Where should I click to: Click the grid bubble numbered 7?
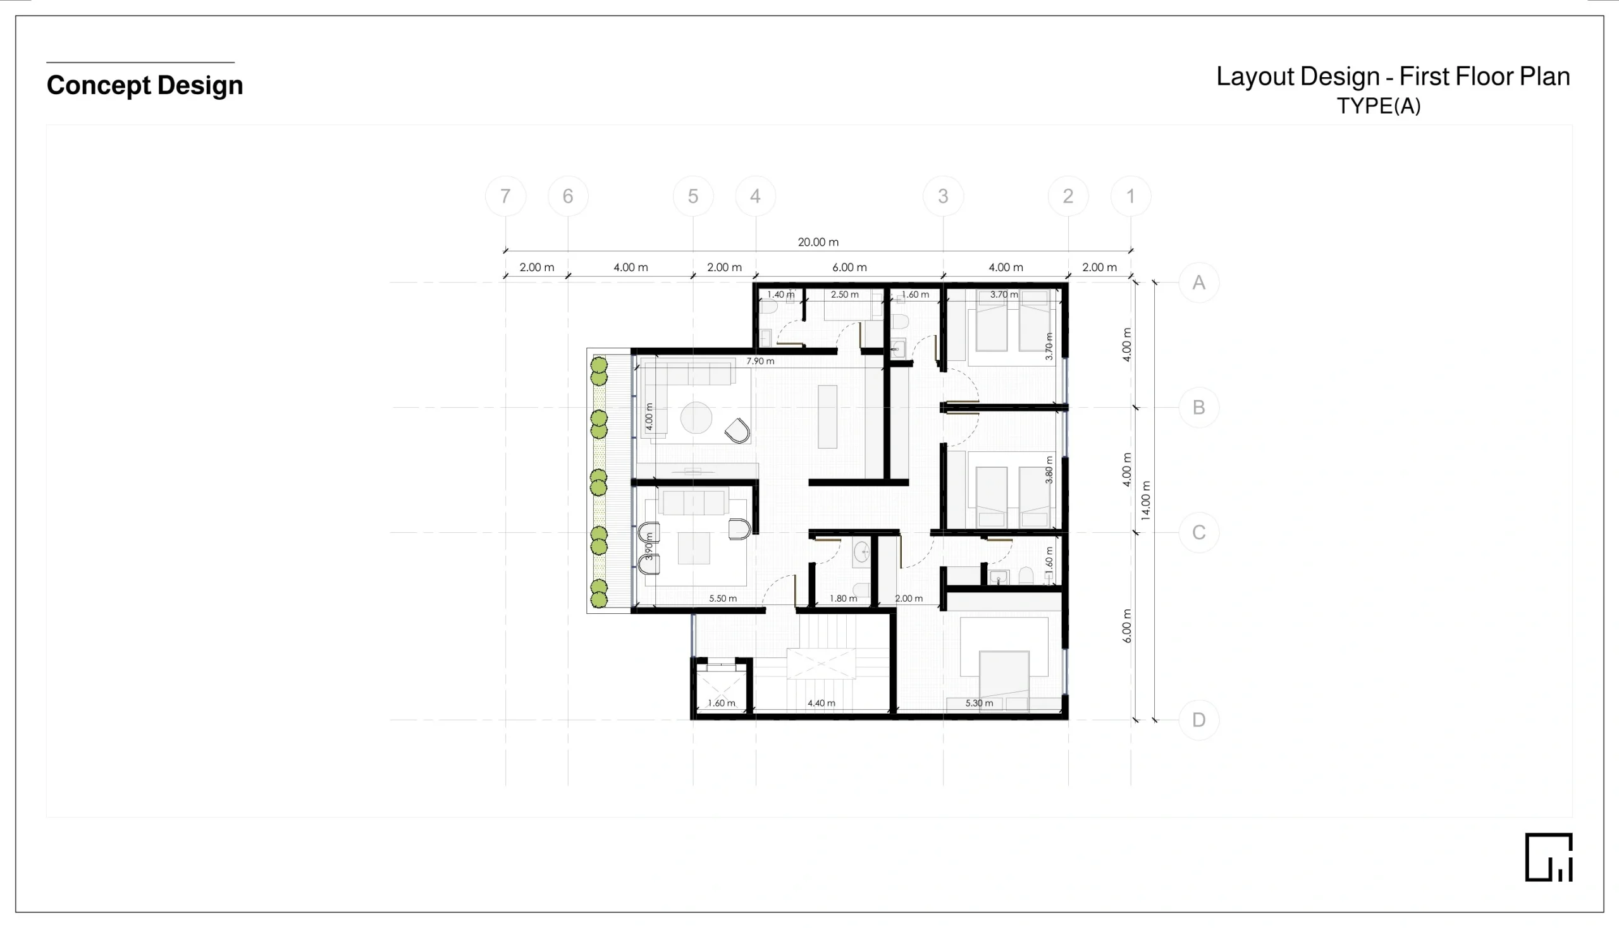click(x=505, y=197)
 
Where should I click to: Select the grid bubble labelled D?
click(x=1199, y=720)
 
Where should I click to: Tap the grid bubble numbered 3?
click(x=943, y=197)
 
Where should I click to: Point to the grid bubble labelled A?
click(x=1199, y=283)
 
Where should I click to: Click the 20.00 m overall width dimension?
click(x=818, y=242)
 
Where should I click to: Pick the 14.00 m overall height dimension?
click(x=1146, y=501)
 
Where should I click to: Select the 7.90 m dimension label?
click(x=760, y=362)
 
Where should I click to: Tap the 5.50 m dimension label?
click(x=722, y=599)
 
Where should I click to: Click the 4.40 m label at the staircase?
click(x=822, y=703)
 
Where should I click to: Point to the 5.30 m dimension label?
click(x=979, y=703)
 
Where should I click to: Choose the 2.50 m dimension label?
click(x=844, y=295)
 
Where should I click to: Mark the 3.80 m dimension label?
click(x=1049, y=470)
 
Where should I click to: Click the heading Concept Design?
click(x=145, y=85)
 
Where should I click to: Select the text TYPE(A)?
click(x=1379, y=106)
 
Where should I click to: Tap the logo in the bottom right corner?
click(x=1549, y=857)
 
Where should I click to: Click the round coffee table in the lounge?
click(x=696, y=418)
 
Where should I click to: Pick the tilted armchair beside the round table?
click(x=737, y=431)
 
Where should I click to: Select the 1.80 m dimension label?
click(x=843, y=599)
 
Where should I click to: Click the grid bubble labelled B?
click(x=1199, y=407)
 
